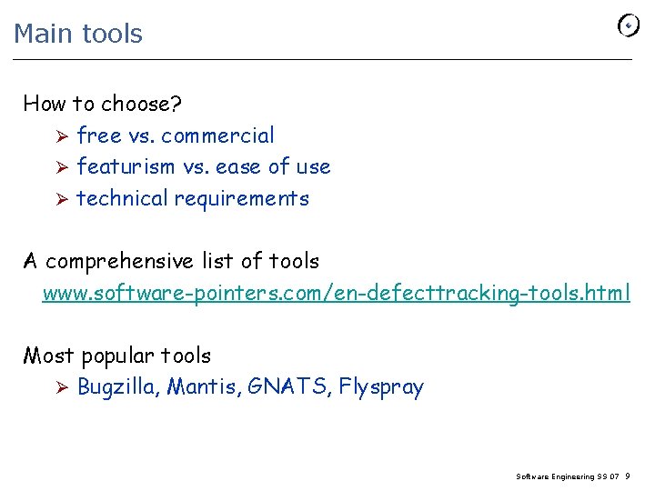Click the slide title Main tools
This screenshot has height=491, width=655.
(78, 34)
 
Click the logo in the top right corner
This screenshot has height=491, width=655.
(629, 25)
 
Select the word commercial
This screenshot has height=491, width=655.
(217, 135)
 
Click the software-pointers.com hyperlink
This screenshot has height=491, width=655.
(336, 293)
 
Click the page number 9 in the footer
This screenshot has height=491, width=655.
(629, 476)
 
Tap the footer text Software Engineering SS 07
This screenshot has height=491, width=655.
(568, 476)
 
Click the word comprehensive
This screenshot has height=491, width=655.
(119, 262)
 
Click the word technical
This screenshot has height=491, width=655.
(123, 198)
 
